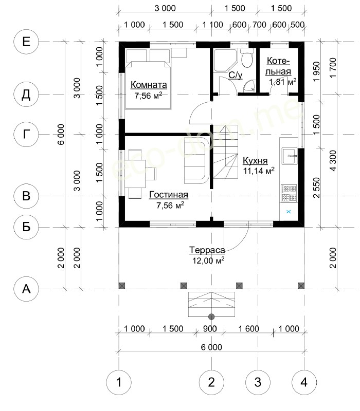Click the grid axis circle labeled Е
[x=26, y=42]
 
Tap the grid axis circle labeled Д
[x=26, y=95]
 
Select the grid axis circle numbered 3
[x=258, y=382]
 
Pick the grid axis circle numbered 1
[x=119, y=382]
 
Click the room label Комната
[x=149, y=85]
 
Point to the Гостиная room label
[x=169, y=195]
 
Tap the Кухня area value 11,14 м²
[x=259, y=171]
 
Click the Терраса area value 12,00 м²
[x=208, y=260]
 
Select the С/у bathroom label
[x=236, y=75]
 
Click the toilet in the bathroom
[x=247, y=58]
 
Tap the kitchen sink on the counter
[x=290, y=156]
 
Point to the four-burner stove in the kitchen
[x=289, y=193]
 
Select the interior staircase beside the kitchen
[x=225, y=152]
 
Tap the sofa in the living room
[x=196, y=161]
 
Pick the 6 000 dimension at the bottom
[x=211, y=347]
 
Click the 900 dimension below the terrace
[x=210, y=328]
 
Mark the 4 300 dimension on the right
[x=333, y=160]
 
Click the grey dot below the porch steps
[x=211, y=316]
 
